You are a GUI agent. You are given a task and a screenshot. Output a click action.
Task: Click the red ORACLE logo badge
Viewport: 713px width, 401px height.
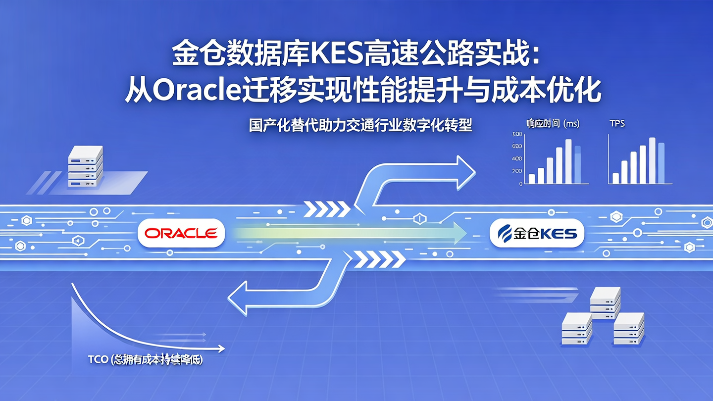pos(181,233)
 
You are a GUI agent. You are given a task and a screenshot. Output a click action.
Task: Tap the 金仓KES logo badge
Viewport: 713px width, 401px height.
pos(537,233)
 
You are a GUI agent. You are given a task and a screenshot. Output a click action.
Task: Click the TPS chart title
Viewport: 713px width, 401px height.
pos(617,124)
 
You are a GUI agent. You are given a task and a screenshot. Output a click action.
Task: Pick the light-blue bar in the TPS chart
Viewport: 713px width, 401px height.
pos(661,163)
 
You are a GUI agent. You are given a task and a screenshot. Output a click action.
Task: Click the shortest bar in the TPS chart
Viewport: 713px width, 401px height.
pos(615,178)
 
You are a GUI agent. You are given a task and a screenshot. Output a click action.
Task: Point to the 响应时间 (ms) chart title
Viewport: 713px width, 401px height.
pos(553,124)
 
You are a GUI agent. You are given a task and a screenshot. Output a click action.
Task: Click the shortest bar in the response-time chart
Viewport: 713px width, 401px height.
pos(532,179)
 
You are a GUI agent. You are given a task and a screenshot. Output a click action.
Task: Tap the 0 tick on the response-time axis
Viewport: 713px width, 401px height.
pos(520,184)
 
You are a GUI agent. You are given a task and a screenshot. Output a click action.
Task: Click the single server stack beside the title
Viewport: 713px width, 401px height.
pos(85,166)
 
